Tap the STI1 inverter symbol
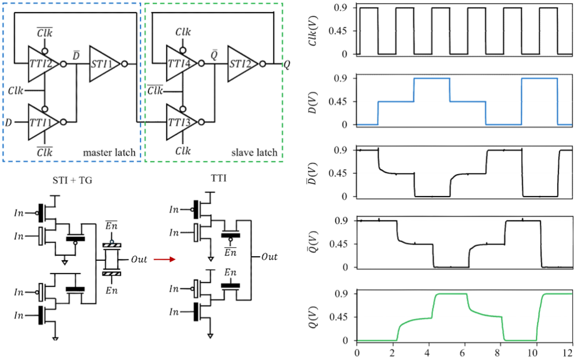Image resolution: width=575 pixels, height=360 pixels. point(104,64)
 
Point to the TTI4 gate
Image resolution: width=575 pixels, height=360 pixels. point(181,63)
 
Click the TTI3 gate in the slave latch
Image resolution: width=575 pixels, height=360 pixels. point(181,122)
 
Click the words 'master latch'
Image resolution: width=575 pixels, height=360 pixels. point(109,152)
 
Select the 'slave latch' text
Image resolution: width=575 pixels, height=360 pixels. point(254,152)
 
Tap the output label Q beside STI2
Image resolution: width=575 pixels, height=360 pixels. point(287,65)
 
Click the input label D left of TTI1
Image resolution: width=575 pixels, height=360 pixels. point(9,122)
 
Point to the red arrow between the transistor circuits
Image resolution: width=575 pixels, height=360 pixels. point(164,260)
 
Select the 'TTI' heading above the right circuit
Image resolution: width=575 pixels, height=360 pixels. point(219,178)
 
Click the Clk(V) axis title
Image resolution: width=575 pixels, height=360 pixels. point(313,31)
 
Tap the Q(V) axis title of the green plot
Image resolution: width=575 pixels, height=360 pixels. point(313,317)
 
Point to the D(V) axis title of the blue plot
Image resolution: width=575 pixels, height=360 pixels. point(313,102)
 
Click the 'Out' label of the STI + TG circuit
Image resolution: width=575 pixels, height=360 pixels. point(139,260)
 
